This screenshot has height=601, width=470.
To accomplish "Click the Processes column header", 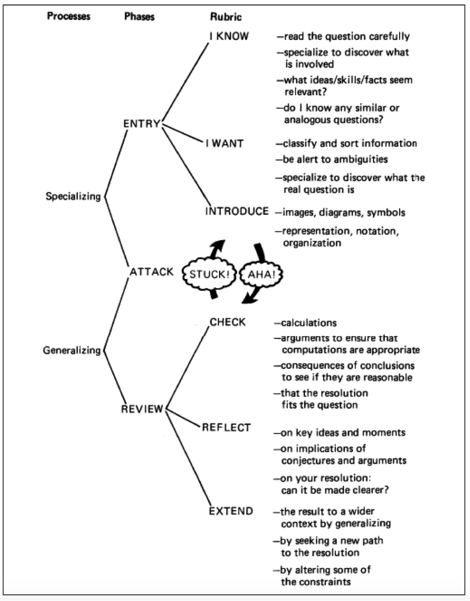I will click(68, 17).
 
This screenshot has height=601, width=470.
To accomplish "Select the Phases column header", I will click(139, 17).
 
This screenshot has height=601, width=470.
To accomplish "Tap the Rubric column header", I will click(226, 17).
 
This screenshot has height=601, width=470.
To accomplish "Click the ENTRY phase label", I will click(141, 124).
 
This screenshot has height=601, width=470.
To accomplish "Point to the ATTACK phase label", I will click(151, 272).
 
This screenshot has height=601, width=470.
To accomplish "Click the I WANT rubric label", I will click(224, 144).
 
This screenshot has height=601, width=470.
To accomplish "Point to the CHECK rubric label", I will click(227, 322).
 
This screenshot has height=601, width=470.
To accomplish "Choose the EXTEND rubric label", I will click(231, 511).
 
